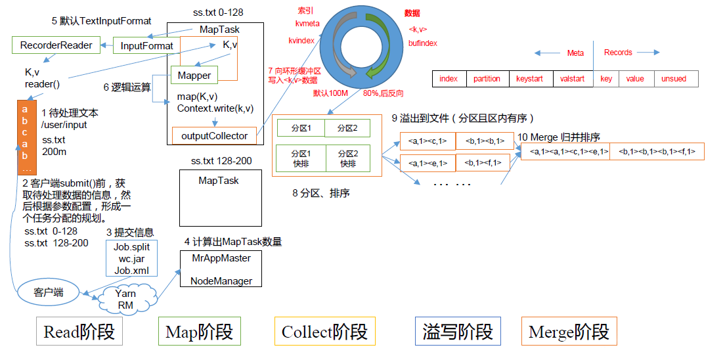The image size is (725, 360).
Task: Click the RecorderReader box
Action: (56, 45)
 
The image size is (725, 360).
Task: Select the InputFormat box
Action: (147, 46)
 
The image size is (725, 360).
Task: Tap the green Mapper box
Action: (194, 76)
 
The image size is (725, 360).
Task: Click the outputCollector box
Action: (213, 136)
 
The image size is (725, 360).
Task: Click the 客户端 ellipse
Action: (49, 292)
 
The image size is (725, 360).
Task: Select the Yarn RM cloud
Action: (125, 300)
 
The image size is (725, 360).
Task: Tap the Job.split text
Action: (132, 247)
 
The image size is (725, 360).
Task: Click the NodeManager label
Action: (221, 281)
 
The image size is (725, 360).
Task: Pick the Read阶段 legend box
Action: (79, 332)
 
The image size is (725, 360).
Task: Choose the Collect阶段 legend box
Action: (324, 332)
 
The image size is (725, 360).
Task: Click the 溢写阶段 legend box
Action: (458, 332)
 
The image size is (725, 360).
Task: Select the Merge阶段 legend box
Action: (569, 332)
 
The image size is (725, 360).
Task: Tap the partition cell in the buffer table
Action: (487, 79)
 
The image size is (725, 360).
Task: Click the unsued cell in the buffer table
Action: (674, 79)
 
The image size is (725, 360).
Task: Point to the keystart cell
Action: (529, 79)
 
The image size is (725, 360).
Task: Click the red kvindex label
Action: (301, 40)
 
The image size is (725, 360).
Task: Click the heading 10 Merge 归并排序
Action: (558, 137)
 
